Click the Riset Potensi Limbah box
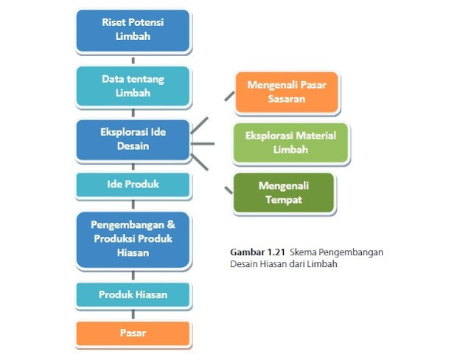(x=133, y=30)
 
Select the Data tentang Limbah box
(x=133, y=86)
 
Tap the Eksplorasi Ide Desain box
(x=133, y=140)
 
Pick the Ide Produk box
(x=133, y=184)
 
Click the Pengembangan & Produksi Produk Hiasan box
(x=133, y=238)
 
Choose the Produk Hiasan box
(x=133, y=295)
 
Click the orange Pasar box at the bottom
(x=133, y=333)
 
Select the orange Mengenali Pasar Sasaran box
(x=286, y=91)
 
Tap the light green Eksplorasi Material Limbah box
(x=290, y=142)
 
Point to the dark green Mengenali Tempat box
(x=284, y=193)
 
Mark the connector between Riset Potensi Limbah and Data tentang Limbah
(x=133, y=59)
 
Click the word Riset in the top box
(x=114, y=22)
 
